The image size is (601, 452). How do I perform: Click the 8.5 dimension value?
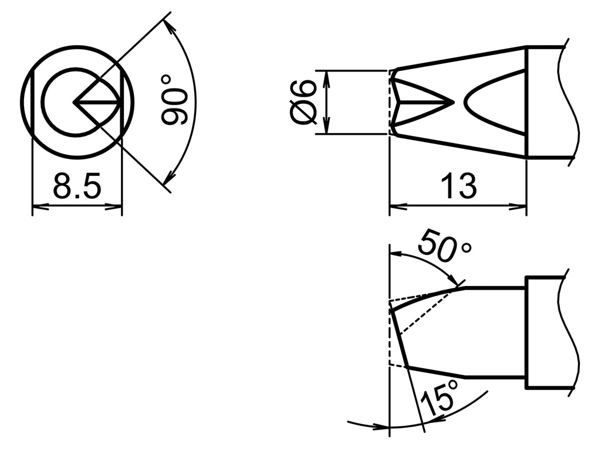[x=77, y=187]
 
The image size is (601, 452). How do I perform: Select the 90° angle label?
[x=173, y=100]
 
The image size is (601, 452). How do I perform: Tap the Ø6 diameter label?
[x=304, y=103]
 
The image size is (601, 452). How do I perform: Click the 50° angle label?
[x=444, y=247]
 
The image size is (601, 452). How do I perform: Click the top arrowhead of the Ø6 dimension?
[x=327, y=76]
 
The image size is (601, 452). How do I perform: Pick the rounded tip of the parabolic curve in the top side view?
[x=465, y=103]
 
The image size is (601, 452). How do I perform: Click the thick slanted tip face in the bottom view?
[x=399, y=337]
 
